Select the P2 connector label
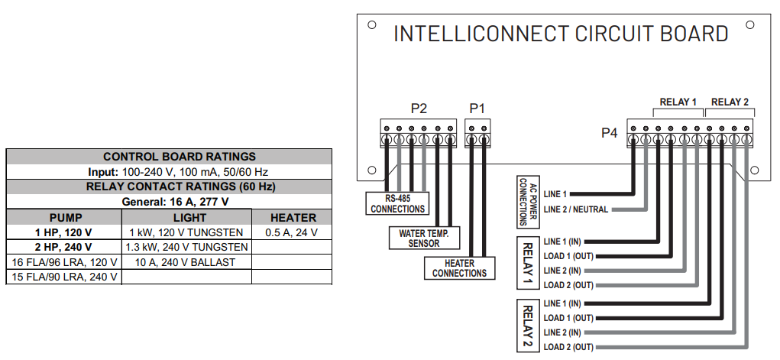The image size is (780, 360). pos(418,109)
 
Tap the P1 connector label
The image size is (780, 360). pos(477,109)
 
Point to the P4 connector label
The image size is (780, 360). pos(608,134)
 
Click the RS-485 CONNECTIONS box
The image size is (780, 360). pos(397,203)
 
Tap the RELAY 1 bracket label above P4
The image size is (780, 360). pos(678,102)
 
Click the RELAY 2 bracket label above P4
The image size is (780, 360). pos(730,102)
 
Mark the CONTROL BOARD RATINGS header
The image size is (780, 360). pos(169,157)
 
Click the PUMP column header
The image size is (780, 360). pos(65,218)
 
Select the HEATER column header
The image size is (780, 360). pos(293,218)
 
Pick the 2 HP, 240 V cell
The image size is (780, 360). pos(65,247)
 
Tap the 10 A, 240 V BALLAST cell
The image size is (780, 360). pos(186,261)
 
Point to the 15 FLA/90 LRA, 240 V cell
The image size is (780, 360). pos(65,276)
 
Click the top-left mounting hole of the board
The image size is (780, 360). pos(371,24)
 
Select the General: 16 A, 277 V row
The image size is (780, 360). pos(169,202)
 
